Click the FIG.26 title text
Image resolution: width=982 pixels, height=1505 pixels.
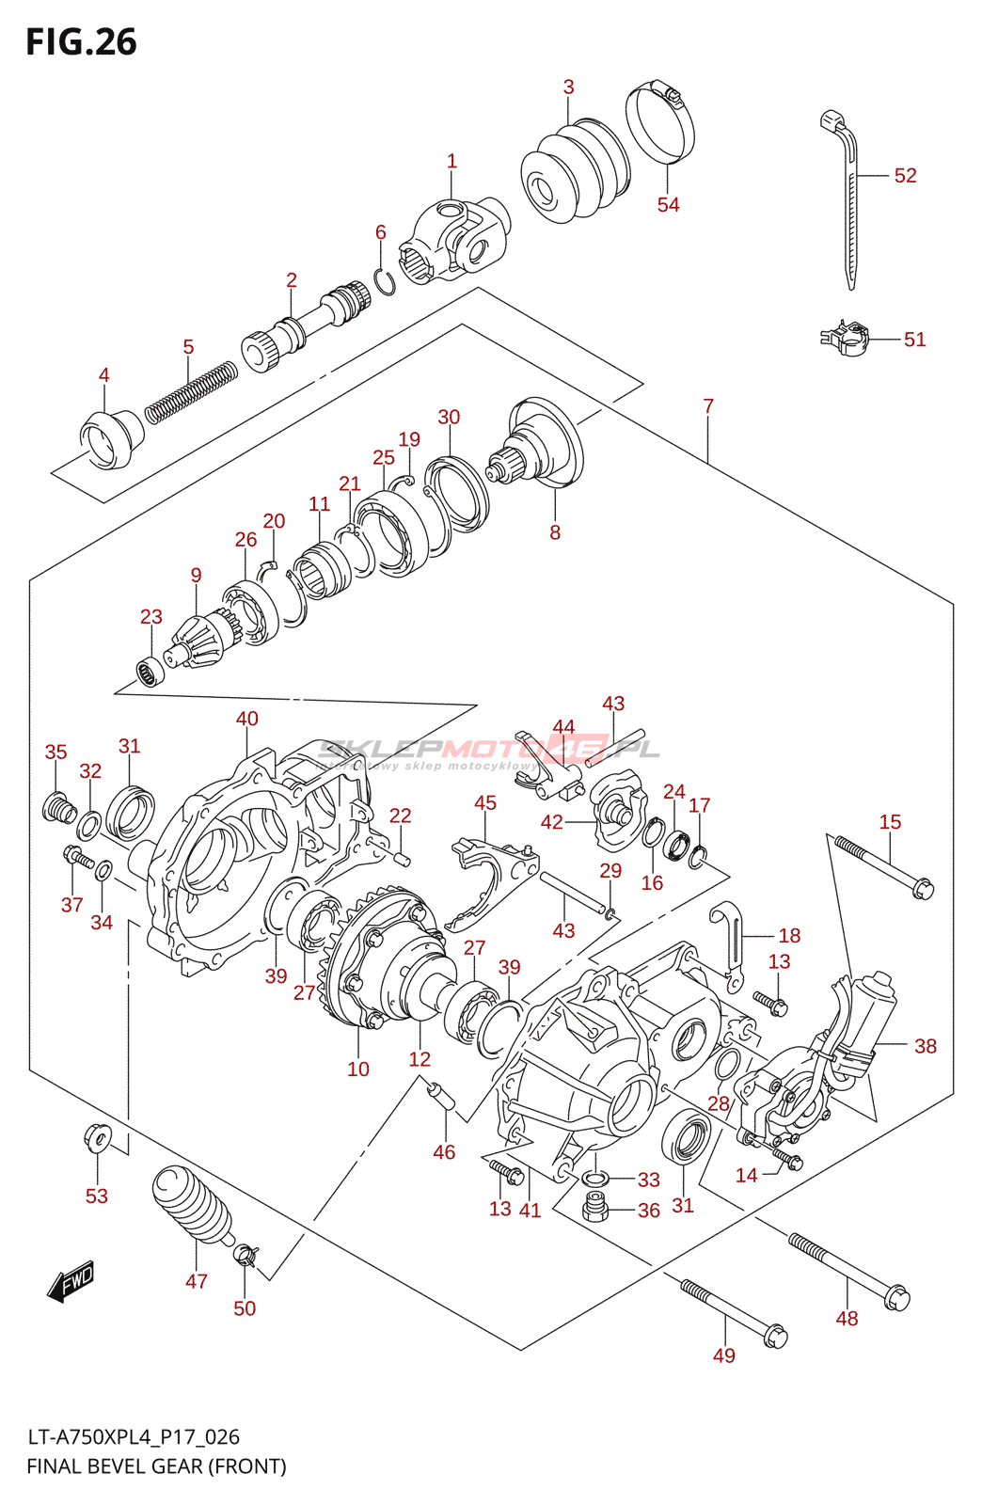pyautogui.click(x=81, y=42)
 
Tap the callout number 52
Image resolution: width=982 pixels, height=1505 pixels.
pyautogui.click(x=905, y=176)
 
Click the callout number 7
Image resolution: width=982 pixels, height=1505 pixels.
pyautogui.click(x=708, y=406)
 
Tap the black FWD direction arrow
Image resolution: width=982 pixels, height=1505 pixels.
pyautogui.click(x=71, y=1281)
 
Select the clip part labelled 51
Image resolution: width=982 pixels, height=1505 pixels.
pyautogui.click(x=846, y=339)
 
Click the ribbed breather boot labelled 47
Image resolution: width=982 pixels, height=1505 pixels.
pyautogui.click(x=193, y=1206)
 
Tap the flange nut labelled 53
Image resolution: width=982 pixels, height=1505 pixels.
pyautogui.click(x=97, y=1139)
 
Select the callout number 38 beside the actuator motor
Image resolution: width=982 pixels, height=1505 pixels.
pyautogui.click(x=926, y=1046)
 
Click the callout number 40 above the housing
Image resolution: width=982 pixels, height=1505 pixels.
pyautogui.click(x=247, y=720)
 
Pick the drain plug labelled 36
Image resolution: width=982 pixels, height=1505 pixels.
pyautogui.click(x=595, y=1207)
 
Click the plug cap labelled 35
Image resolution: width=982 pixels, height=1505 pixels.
pyautogui.click(x=60, y=807)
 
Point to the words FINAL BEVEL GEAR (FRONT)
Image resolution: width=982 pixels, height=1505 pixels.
pyautogui.click(x=156, y=1466)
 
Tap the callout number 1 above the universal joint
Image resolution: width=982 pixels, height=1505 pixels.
pyautogui.click(x=451, y=162)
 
